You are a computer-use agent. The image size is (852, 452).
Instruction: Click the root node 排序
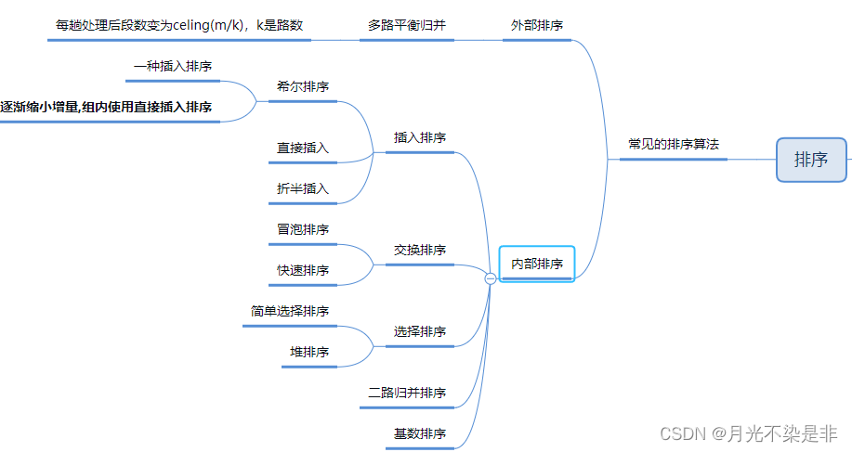click(811, 160)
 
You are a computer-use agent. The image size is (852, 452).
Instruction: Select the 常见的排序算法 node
click(674, 145)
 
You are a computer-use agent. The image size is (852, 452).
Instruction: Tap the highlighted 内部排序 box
click(537, 264)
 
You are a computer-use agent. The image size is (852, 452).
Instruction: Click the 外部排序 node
click(537, 26)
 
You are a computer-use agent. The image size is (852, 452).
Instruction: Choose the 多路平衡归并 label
click(407, 25)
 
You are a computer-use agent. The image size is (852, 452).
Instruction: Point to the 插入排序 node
click(420, 137)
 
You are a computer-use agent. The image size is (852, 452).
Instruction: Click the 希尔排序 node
click(303, 87)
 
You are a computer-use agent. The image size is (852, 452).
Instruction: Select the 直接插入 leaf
click(303, 149)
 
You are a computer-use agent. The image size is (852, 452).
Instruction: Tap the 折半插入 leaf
click(303, 188)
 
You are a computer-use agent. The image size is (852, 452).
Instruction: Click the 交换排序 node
click(420, 251)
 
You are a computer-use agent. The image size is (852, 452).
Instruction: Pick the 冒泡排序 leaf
click(303, 229)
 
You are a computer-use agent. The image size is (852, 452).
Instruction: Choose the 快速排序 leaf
click(303, 270)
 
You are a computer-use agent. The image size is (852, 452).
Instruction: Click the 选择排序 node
click(420, 331)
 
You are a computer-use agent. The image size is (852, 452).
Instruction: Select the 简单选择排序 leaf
click(290, 311)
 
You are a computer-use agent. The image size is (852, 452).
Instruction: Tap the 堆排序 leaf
click(309, 352)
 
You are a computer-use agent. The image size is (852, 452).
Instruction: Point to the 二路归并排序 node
click(407, 394)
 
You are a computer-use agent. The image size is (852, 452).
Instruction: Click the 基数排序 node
click(420, 434)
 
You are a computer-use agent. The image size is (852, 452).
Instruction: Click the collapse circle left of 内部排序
click(491, 278)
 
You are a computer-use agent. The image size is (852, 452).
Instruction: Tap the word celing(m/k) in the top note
click(208, 25)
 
